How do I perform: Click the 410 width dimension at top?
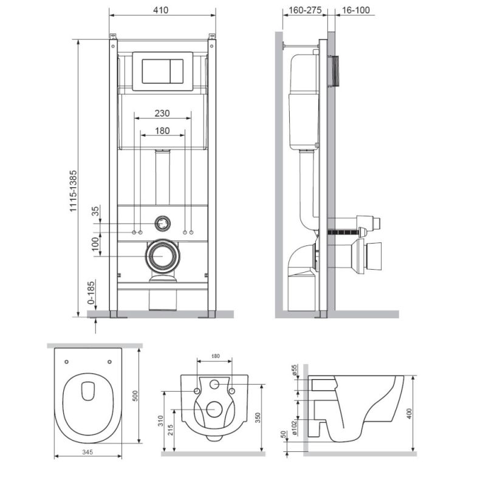coord(162,10)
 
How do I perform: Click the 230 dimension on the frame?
coord(162,113)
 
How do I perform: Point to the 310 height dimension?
coord(160,420)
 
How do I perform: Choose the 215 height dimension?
coord(171,430)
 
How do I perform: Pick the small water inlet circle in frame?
coord(162,223)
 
